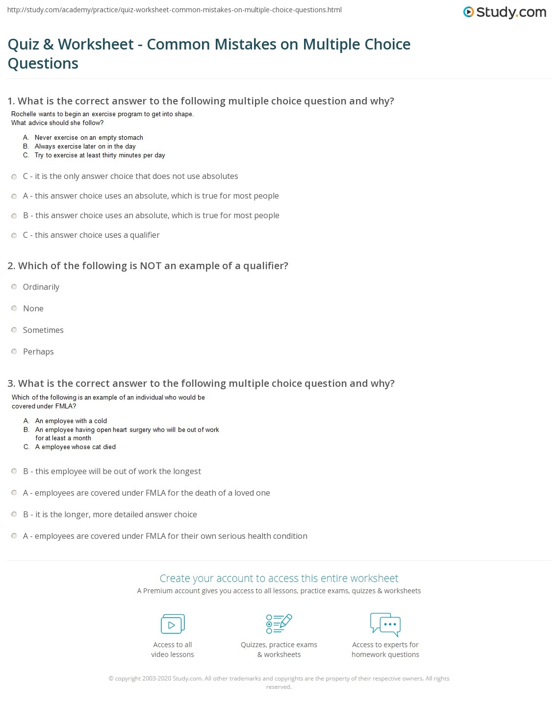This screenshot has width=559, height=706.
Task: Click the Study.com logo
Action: click(505, 12)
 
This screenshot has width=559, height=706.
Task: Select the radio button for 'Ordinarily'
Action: click(14, 287)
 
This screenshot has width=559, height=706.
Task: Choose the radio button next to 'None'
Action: click(14, 308)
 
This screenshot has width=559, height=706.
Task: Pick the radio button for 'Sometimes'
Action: click(14, 330)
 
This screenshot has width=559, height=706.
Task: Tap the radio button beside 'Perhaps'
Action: click(14, 352)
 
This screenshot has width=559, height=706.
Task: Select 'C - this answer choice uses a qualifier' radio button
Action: click(14, 235)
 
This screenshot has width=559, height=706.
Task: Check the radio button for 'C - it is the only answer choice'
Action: click(14, 176)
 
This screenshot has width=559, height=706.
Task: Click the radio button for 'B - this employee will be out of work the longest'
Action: click(14, 471)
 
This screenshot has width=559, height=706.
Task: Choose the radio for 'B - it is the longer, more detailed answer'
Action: click(14, 514)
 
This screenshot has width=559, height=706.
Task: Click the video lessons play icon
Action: click(173, 624)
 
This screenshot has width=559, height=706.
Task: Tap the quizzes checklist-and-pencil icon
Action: click(279, 624)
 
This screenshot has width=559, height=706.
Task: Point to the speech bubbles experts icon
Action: click(385, 624)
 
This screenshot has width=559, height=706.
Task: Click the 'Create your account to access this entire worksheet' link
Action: click(279, 578)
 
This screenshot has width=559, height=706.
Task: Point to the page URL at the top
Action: click(175, 10)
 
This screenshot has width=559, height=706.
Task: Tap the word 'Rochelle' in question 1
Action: click(24, 114)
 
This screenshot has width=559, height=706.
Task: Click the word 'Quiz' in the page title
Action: click(24, 44)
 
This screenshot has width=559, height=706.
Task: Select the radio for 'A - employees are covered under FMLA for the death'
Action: click(14, 493)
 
